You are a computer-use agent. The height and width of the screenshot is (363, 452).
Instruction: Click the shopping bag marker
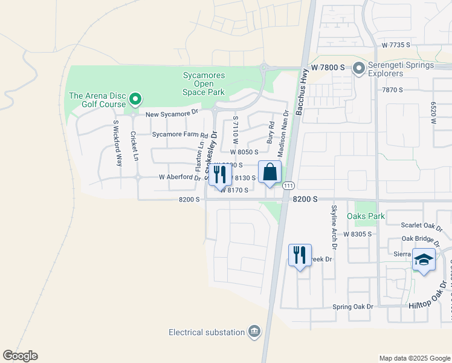(270, 172)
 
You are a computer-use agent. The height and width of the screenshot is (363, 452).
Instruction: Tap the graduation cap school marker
(424, 260)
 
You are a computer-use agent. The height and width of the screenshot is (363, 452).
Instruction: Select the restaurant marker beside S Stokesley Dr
(220, 175)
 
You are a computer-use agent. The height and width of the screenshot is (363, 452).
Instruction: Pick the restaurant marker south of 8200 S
(300, 256)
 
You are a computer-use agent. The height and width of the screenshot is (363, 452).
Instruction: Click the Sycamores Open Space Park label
(204, 83)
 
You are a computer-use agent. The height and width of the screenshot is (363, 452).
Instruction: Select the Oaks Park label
(366, 216)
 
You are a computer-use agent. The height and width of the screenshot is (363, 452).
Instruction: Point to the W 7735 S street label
(396, 45)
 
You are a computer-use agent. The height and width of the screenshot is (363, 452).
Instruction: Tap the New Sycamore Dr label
(172, 113)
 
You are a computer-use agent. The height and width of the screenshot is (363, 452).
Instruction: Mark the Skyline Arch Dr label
(333, 223)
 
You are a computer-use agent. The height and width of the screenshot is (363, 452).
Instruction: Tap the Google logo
(20, 356)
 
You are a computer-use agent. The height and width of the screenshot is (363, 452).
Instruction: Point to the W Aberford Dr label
(179, 178)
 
